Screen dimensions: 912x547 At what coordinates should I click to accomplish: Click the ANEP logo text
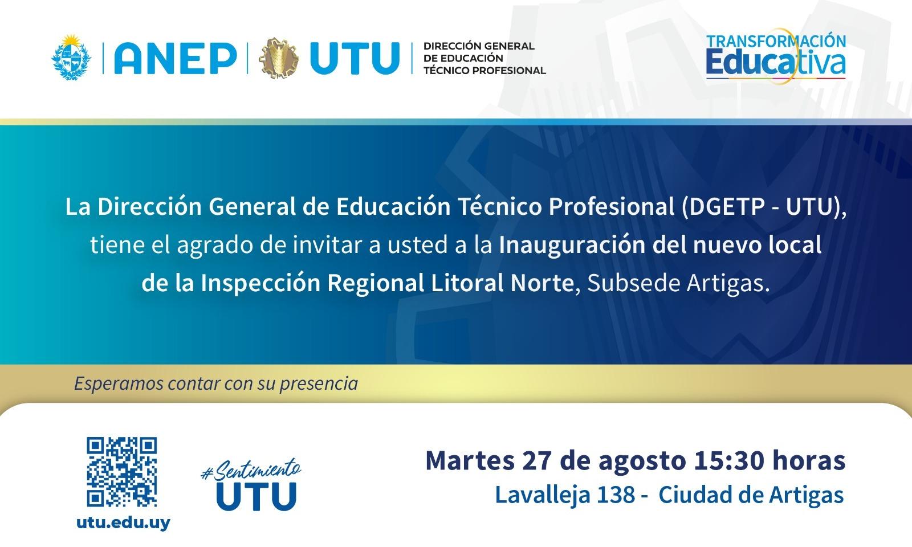pyautogui.click(x=176, y=58)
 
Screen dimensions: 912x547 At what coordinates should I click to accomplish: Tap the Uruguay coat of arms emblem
pyautogui.click(x=71, y=57)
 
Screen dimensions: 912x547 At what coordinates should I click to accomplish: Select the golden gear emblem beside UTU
pyautogui.click(x=279, y=58)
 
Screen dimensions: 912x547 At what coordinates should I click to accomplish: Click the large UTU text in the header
pyautogui.click(x=354, y=58)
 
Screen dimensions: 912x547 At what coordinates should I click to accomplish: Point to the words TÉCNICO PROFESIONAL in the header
pyautogui.click(x=484, y=71)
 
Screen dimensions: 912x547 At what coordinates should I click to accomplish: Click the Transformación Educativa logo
pyautogui.click(x=776, y=56)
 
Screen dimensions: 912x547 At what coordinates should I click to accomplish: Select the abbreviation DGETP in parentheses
pyautogui.click(x=727, y=206)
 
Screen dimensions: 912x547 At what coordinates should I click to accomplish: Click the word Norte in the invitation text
pyautogui.click(x=542, y=283)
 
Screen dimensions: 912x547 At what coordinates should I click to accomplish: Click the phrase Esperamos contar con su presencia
pyautogui.click(x=216, y=384)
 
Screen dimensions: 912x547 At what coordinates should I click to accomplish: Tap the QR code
pyautogui.click(x=122, y=472)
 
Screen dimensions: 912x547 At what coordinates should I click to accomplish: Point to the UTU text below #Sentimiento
pyautogui.click(x=256, y=496)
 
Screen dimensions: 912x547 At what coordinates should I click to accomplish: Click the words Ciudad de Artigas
pyautogui.click(x=751, y=496)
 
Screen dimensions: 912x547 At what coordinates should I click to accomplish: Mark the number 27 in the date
pyautogui.click(x=536, y=461)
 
